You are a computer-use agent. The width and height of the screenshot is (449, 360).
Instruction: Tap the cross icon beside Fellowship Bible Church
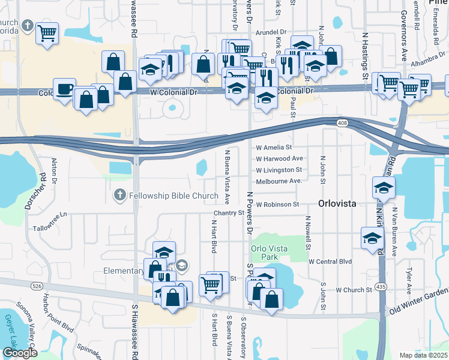pos(119,195)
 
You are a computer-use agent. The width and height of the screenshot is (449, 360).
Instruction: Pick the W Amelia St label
pos(274,147)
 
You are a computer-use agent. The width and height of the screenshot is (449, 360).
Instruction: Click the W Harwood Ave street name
pos(279,159)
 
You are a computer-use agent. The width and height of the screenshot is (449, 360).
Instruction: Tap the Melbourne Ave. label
pos(278,181)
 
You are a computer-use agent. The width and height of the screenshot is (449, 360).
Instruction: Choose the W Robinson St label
pos(277,205)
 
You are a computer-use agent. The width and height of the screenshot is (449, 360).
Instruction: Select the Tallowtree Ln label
pos(51,229)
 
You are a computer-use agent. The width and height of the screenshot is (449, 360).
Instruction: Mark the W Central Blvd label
pos(330,262)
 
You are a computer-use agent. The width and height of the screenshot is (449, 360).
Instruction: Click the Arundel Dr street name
pos(273,32)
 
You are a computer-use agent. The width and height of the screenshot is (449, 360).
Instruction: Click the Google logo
pos(20,353)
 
